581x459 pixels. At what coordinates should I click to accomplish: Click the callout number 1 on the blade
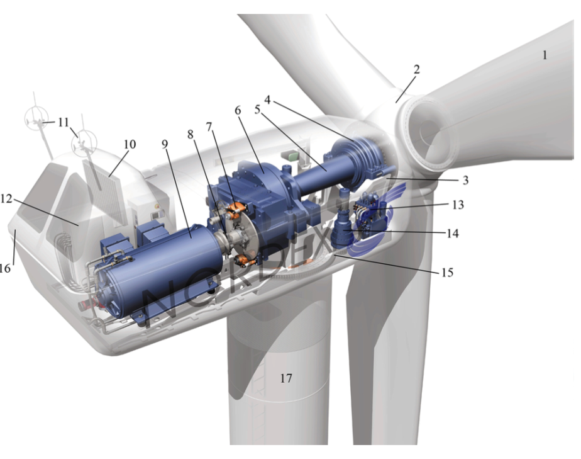coord(545,55)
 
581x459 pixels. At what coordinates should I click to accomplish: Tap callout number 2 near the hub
coord(416,69)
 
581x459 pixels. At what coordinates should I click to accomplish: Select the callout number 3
coord(465,180)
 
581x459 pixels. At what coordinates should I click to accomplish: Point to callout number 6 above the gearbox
coord(237,111)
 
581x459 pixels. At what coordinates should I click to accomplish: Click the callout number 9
coord(165,144)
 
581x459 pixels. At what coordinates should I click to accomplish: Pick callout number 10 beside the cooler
coord(130,144)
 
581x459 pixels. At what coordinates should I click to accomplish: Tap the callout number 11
coord(64,122)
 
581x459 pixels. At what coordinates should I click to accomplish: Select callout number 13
coord(458,205)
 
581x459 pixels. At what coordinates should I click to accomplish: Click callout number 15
coord(447,273)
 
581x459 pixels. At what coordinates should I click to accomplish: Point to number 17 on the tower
coord(285,378)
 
